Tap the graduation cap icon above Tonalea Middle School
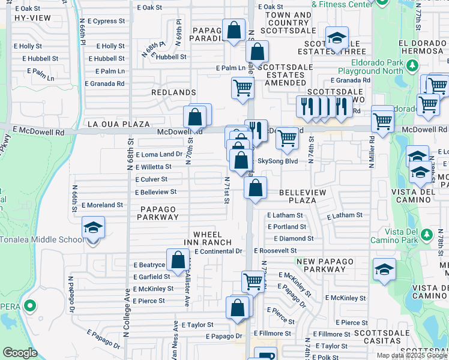[x=92, y=229]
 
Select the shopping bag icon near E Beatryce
[x=178, y=260]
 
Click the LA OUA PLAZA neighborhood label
[x=118, y=124]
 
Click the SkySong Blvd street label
[x=277, y=161]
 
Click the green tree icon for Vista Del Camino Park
[x=426, y=233]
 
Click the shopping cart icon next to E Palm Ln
[x=243, y=88]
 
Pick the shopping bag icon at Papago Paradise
[x=234, y=29]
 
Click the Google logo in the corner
[x=20, y=352]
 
